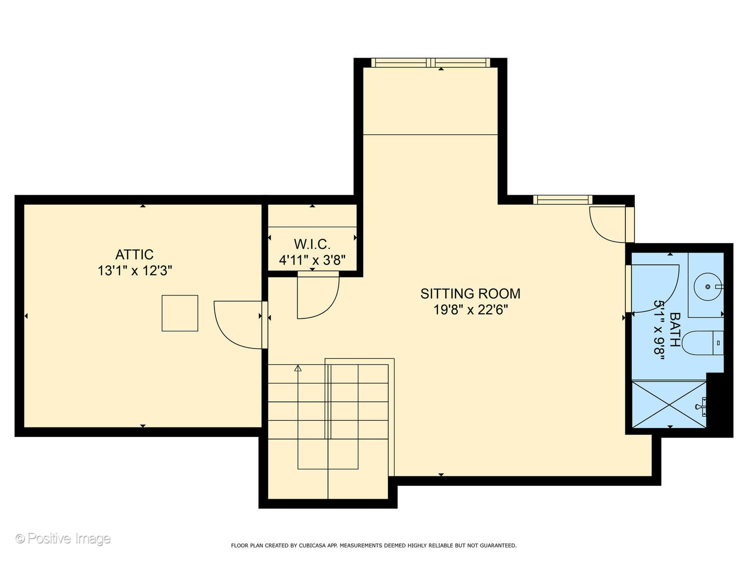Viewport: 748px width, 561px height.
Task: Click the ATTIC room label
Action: pos(134,255)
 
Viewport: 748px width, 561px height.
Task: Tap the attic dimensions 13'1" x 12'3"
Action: pos(135,271)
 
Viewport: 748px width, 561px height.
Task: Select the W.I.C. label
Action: pos(312,244)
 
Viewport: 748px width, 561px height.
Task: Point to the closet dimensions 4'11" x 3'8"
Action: pos(312,261)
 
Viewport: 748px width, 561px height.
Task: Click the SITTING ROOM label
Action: pos(470,293)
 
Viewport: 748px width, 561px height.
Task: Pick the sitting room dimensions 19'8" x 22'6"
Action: pos(471,310)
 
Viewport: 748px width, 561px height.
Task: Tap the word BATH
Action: pos(675,329)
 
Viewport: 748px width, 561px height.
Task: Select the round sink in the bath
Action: pos(708,287)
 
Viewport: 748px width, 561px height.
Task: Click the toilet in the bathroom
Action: pos(703,343)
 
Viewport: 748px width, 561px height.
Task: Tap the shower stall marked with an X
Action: pos(669,404)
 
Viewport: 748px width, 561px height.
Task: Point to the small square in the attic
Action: pos(180,313)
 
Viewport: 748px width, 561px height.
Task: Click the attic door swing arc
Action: pos(225,335)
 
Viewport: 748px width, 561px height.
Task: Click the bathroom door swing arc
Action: pos(670,300)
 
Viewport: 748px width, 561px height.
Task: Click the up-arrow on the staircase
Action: pos(298,368)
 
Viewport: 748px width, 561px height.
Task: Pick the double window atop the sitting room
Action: pos(431,63)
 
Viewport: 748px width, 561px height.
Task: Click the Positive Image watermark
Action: pos(63,539)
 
